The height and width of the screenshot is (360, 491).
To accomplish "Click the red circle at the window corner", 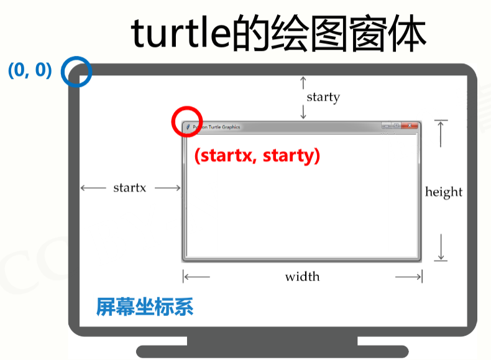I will click(x=186, y=121).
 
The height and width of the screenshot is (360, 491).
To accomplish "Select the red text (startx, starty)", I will click(x=257, y=155).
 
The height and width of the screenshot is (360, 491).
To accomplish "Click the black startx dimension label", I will click(x=129, y=188).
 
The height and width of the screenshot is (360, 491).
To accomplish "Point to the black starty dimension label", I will click(x=323, y=97).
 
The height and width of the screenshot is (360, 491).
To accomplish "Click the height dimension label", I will click(x=443, y=192).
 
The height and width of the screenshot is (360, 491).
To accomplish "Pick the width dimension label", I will click(x=302, y=277).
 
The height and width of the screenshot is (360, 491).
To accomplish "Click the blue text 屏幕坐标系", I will click(x=145, y=307).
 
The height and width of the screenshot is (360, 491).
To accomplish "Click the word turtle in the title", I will click(x=181, y=35).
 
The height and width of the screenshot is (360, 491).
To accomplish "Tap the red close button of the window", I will click(x=410, y=126).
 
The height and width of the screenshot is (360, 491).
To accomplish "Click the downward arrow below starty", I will click(x=303, y=113).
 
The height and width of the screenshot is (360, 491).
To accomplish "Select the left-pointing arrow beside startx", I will click(x=93, y=188).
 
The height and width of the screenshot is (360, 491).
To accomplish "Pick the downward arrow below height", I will click(x=441, y=247).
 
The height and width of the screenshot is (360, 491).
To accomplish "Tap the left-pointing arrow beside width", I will click(x=197, y=277).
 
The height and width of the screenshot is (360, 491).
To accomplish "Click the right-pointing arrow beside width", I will click(x=408, y=277).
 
